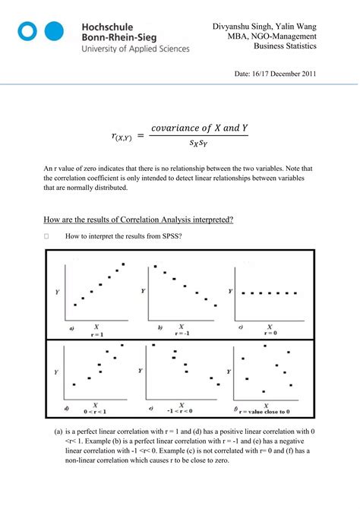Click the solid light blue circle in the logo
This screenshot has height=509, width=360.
pos(54,31)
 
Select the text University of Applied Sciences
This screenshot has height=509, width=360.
pos(134,49)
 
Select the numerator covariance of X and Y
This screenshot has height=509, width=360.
pos(200,128)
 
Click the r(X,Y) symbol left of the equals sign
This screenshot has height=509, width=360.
pos(122,136)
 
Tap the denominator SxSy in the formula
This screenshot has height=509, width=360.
pos(200,143)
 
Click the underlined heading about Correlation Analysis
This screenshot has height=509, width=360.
pos(138,220)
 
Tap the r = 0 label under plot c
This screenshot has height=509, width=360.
pos(270,333)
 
